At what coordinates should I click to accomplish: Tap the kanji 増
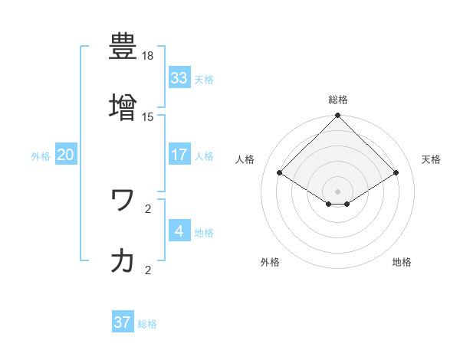(x=123, y=106)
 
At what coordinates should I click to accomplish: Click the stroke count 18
(x=148, y=57)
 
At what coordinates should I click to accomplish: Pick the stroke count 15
(x=148, y=117)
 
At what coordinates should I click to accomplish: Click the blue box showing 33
(x=179, y=78)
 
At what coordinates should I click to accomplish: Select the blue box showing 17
(x=179, y=155)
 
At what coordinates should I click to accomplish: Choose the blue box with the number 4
(x=179, y=231)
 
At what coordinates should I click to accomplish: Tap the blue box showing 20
(x=66, y=155)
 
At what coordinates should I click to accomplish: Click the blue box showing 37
(x=122, y=322)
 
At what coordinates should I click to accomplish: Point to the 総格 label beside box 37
(x=147, y=324)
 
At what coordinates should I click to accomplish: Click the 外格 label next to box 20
(x=41, y=156)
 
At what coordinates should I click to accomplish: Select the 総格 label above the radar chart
(x=338, y=100)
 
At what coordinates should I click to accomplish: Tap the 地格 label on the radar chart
(x=402, y=262)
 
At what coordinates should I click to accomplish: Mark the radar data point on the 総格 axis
(x=338, y=116)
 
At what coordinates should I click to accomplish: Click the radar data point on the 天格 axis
(x=396, y=173)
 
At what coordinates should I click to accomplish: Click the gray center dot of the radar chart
(x=338, y=191)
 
